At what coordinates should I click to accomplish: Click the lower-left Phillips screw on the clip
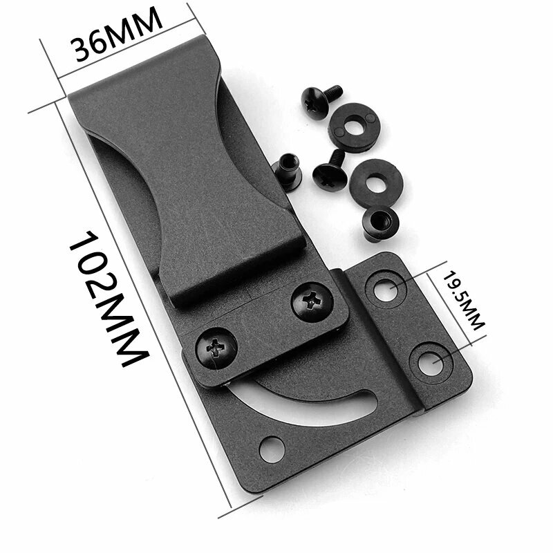pos(215,344)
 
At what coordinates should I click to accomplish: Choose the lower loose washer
pos(373,180)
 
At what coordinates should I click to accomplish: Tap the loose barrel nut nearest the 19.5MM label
pos(378,221)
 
